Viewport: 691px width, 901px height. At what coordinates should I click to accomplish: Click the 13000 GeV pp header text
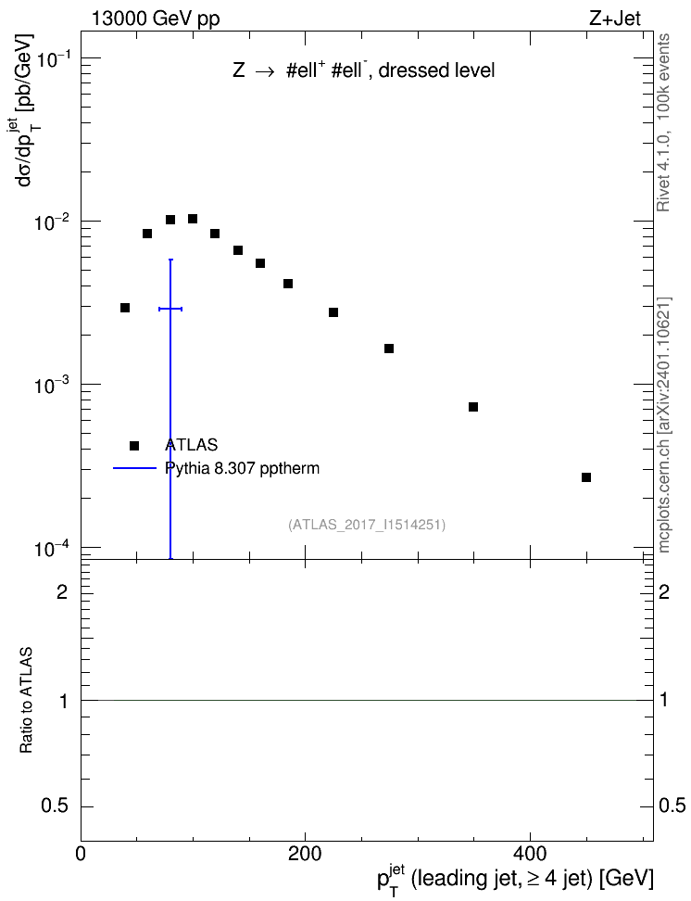(x=156, y=19)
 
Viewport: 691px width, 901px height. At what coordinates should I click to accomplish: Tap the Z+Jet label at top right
(x=615, y=19)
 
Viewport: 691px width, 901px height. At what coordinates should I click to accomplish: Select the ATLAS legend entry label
(x=191, y=445)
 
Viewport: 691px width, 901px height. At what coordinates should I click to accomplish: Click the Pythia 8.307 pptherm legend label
(x=242, y=468)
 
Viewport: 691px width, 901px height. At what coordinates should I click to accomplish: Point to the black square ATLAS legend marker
(x=134, y=445)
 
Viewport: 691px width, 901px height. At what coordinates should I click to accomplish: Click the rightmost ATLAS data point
(x=586, y=477)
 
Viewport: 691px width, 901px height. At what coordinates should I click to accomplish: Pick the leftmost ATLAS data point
(x=125, y=308)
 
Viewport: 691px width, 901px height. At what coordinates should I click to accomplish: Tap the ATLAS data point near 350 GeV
(x=473, y=407)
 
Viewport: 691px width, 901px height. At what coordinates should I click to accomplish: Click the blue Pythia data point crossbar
(x=170, y=310)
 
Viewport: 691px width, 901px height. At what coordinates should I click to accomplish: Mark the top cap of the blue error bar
(x=170, y=260)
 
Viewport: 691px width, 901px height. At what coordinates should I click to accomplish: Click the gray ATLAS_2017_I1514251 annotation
(x=367, y=524)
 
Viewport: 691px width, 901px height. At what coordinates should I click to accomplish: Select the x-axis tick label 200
(x=305, y=854)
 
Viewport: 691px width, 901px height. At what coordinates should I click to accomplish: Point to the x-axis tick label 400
(x=529, y=854)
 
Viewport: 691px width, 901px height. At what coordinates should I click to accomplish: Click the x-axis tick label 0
(x=81, y=854)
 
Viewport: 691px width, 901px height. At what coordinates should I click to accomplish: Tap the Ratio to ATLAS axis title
(x=26, y=701)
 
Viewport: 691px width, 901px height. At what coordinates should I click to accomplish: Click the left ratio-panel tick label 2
(x=62, y=591)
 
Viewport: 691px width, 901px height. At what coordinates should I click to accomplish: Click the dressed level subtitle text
(x=436, y=70)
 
